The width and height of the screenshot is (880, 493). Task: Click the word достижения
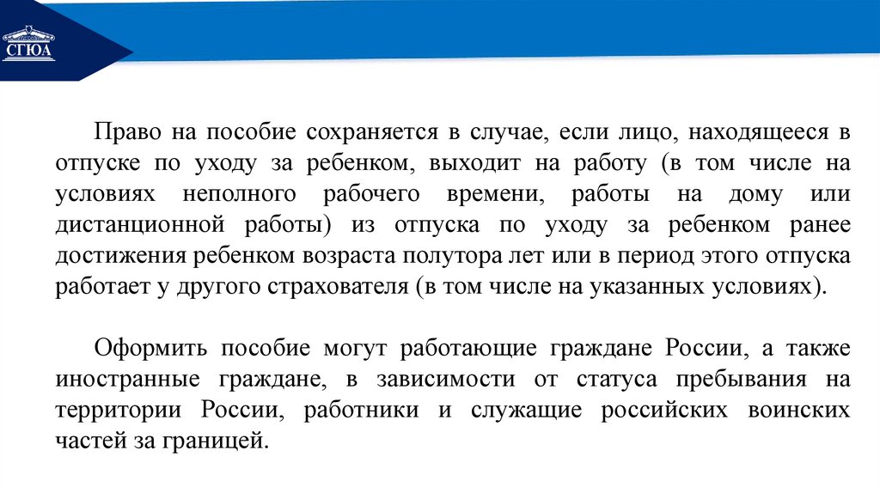click(x=121, y=256)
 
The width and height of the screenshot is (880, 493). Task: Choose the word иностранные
click(x=121, y=380)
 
